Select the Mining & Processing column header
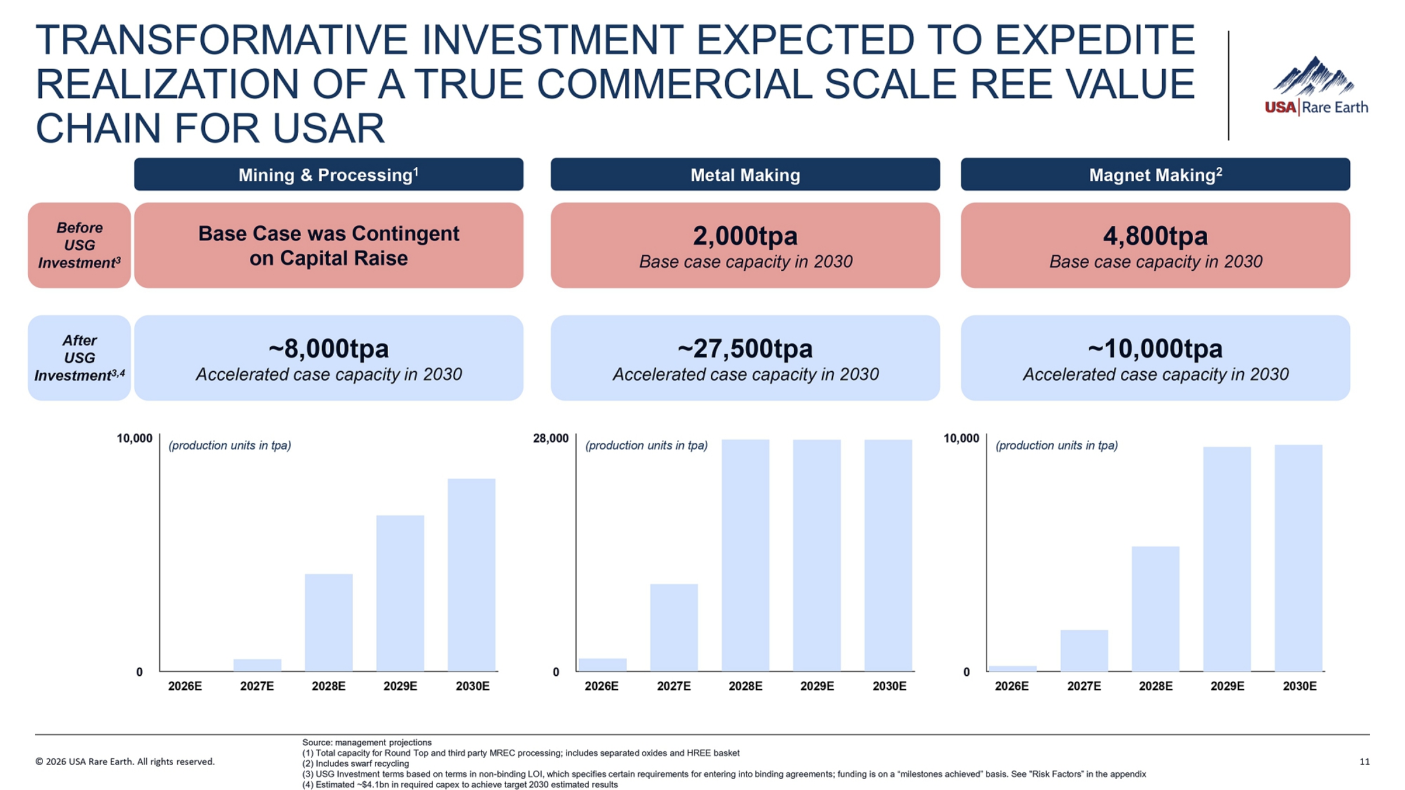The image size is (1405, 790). tap(328, 175)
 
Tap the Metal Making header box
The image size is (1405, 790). tap(745, 175)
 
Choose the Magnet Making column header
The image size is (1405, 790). tap(1155, 175)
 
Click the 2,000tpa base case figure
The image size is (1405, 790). tap(745, 236)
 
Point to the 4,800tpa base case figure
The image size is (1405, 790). tap(1155, 236)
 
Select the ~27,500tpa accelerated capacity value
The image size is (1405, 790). tap(745, 349)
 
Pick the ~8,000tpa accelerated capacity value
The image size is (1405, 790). tap(328, 349)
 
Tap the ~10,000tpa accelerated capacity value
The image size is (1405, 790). tap(1155, 349)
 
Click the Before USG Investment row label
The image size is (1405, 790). tap(79, 245)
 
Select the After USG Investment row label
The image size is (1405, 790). tap(79, 358)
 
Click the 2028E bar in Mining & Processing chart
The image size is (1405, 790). tap(329, 622)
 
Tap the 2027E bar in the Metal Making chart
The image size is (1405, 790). tap(674, 627)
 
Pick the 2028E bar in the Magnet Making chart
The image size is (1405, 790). tap(1155, 608)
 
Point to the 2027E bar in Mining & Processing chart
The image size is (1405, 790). tap(257, 665)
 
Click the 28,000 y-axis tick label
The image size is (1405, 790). tap(551, 439)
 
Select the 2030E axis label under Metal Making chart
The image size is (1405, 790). tap(889, 686)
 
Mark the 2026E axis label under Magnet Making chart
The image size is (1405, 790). tap(1012, 686)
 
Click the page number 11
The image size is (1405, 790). tap(1364, 762)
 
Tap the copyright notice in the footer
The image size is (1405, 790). tap(125, 762)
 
